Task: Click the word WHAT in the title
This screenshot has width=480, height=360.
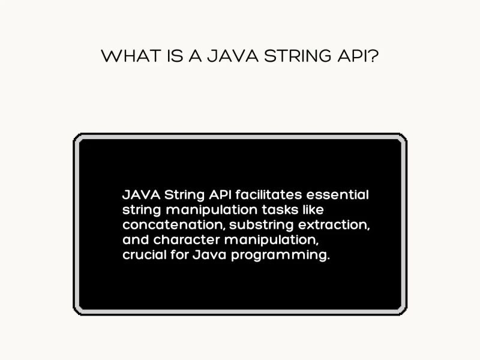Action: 123,56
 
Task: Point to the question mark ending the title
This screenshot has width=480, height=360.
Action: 374,56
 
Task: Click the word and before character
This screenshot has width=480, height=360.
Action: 136,241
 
